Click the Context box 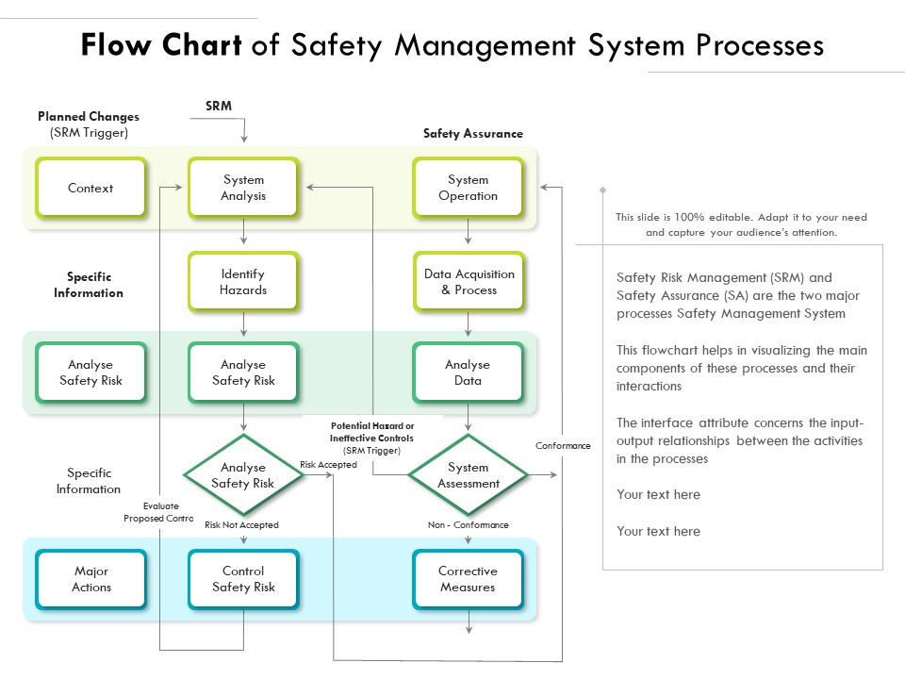(x=90, y=189)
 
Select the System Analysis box (x=243, y=189)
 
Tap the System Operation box (x=468, y=189)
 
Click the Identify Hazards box (x=243, y=282)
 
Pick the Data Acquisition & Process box (x=468, y=282)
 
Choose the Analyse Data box (x=468, y=373)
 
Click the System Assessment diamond (x=468, y=475)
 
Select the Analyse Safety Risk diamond (x=243, y=475)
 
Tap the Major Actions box (x=90, y=579)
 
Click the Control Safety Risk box (x=243, y=579)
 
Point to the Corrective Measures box (x=468, y=579)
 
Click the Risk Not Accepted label (x=241, y=525)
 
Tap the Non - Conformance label (x=468, y=525)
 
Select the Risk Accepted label (x=328, y=465)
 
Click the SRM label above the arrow (x=219, y=107)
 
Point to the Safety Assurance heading (x=472, y=134)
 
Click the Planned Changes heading (x=89, y=117)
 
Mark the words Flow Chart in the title (x=161, y=45)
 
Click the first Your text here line (x=658, y=495)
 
